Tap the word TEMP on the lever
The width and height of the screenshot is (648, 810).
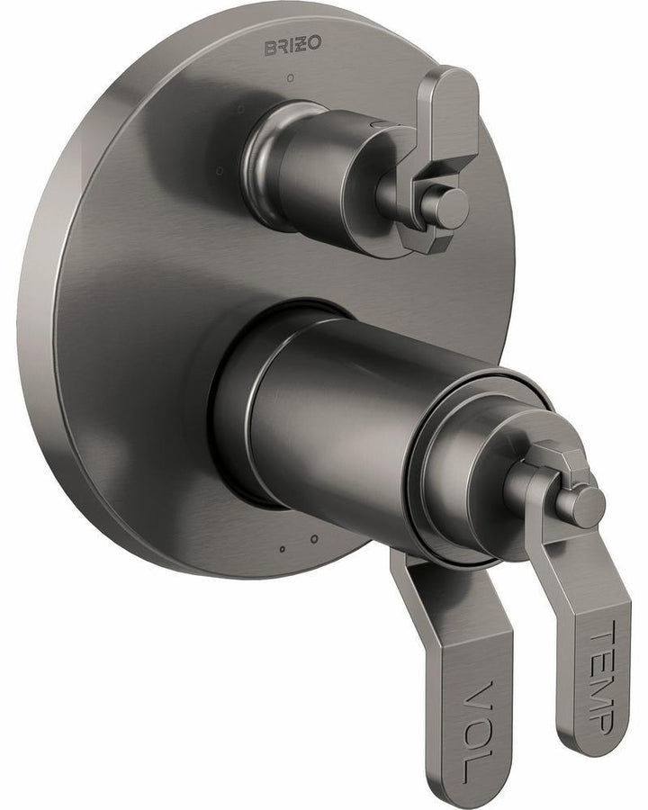[x=600, y=675]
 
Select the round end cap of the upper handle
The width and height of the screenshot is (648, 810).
[x=447, y=208]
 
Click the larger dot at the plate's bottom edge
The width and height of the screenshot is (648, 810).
[x=314, y=539]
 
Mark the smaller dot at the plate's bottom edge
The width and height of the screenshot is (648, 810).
[x=282, y=548]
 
